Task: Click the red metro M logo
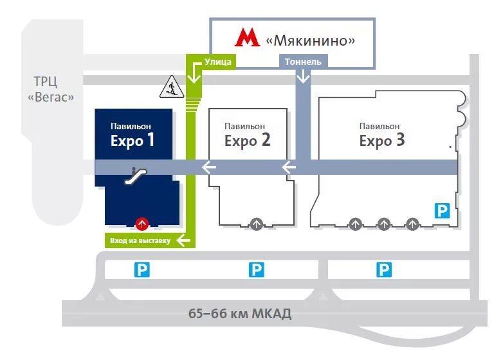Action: pyautogui.click(x=247, y=38)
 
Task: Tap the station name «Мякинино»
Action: pyautogui.click(x=311, y=40)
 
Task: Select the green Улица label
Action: pyautogui.click(x=218, y=61)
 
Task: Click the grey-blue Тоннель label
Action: pyautogui.click(x=303, y=61)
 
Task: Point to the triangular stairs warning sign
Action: pyautogui.click(x=170, y=87)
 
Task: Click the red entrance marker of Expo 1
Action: pyautogui.click(x=141, y=224)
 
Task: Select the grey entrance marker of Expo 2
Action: pyautogui.click(x=256, y=224)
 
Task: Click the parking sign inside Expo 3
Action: pyautogui.click(x=442, y=210)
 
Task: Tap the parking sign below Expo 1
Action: pyautogui.click(x=142, y=269)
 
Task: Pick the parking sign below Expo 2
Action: pyautogui.click(x=256, y=269)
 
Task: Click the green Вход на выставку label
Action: pyautogui.click(x=140, y=241)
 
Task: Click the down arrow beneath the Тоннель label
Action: pyautogui.click(x=303, y=76)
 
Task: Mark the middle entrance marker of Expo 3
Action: pyautogui.click(x=384, y=224)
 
